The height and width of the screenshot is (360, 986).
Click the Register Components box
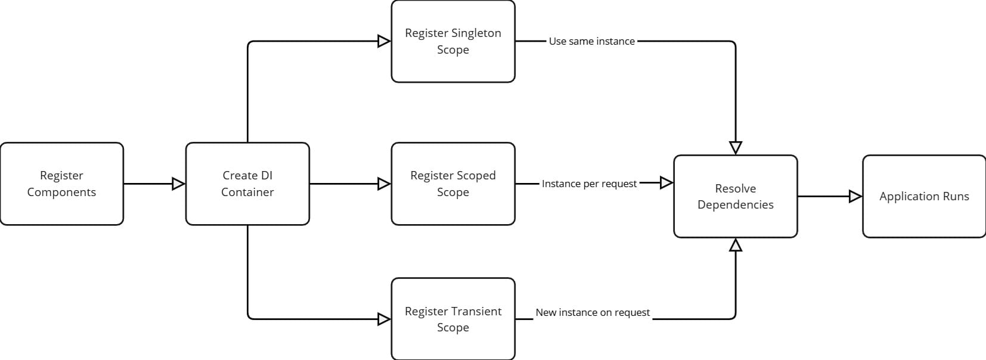point(62,184)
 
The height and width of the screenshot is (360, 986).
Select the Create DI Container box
point(247,184)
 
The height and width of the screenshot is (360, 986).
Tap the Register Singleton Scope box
point(453,41)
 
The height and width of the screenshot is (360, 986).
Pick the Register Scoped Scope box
point(453,184)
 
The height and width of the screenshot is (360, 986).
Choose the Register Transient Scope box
point(453,319)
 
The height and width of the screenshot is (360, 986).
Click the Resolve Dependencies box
point(736,196)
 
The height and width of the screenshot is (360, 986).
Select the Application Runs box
point(924,196)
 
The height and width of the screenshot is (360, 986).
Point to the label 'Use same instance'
point(591,41)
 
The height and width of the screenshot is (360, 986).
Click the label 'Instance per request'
point(589,184)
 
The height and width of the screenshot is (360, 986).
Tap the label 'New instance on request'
point(593,312)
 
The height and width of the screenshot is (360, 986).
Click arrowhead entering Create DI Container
point(178,184)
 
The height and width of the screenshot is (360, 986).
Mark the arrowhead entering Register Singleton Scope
point(384,41)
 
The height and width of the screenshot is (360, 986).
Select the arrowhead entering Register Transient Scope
point(384,319)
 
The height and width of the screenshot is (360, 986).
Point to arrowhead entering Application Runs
point(855,196)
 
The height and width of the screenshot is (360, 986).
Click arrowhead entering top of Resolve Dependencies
point(736,147)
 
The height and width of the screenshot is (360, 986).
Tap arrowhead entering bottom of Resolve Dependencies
point(736,245)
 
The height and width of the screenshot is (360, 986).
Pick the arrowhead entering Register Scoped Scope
point(384,184)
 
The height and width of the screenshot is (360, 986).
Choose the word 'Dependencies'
point(736,204)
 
